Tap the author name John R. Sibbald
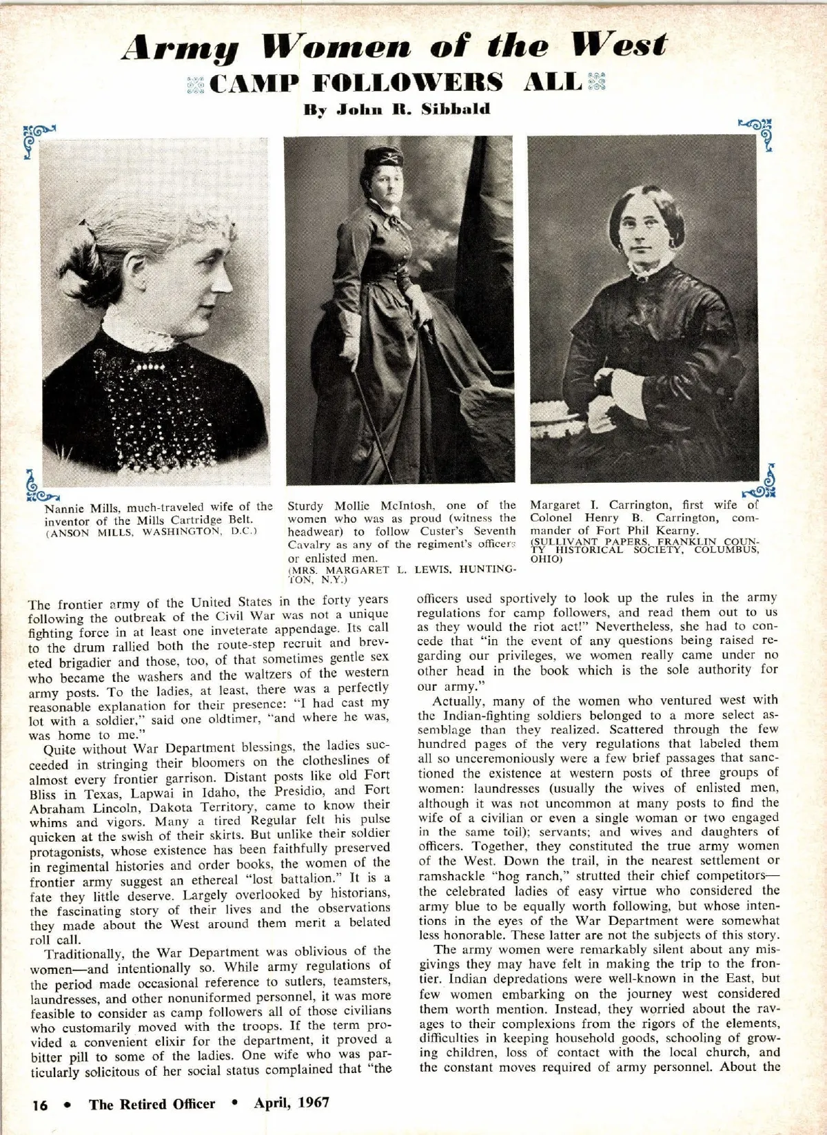click(x=398, y=110)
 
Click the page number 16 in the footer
click(x=40, y=1104)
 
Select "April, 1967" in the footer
click(x=292, y=1103)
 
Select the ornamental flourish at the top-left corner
click(x=38, y=138)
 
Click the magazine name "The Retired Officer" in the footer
click(x=152, y=1103)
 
